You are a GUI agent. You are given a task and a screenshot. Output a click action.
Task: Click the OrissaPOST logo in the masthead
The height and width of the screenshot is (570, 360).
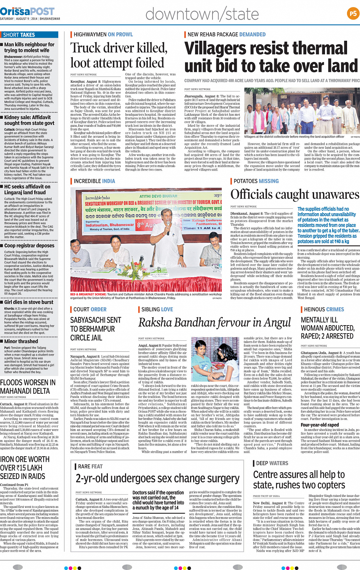[x=27, y=11]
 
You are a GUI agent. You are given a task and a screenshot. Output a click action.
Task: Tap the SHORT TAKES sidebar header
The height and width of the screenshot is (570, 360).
[x=19, y=35]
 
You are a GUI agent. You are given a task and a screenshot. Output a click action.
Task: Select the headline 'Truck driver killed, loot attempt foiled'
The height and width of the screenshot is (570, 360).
[x=118, y=56]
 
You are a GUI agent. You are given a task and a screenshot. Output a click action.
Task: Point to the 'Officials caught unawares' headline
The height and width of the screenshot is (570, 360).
[x=294, y=195]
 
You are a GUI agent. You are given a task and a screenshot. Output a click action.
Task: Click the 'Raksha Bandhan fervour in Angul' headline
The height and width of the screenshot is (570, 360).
[x=214, y=323]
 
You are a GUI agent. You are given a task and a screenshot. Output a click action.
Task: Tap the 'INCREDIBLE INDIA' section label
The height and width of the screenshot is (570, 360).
[x=94, y=181]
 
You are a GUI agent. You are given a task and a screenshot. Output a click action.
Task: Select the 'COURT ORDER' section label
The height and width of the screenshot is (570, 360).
[x=90, y=310]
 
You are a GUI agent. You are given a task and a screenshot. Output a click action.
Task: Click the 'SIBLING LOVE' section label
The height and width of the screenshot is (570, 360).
[x=157, y=310]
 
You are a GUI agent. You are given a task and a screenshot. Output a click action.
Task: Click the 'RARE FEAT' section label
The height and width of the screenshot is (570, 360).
[x=90, y=466]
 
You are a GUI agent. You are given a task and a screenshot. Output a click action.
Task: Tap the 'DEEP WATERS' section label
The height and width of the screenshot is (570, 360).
[x=272, y=463]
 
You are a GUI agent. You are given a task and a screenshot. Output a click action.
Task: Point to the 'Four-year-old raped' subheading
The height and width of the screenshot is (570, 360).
[x=320, y=425]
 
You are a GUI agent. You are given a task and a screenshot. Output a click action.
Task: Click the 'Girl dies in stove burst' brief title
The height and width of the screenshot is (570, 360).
[x=29, y=302]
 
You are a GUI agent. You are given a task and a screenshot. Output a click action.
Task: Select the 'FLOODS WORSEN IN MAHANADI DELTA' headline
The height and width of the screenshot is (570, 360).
[x=27, y=386]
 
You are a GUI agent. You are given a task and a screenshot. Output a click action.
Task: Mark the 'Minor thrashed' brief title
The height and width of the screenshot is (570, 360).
[x=21, y=341]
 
